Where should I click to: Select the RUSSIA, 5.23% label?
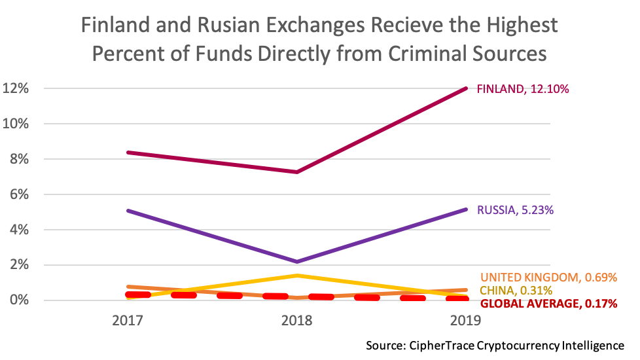point(514,210)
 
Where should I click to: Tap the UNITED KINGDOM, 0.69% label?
point(549,278)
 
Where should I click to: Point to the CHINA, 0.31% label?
point(516,291)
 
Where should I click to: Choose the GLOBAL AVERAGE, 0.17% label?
point(549,304)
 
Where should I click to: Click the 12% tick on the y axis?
point(18,88)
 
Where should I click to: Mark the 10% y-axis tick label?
point(18,124)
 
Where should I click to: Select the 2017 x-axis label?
point(128,321)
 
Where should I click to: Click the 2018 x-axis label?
point(298,321)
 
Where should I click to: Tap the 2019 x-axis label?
point(467,321)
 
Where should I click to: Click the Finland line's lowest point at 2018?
point(298,172)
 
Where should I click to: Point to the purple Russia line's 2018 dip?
point(298,262)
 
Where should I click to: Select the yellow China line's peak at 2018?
point(298,276)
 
